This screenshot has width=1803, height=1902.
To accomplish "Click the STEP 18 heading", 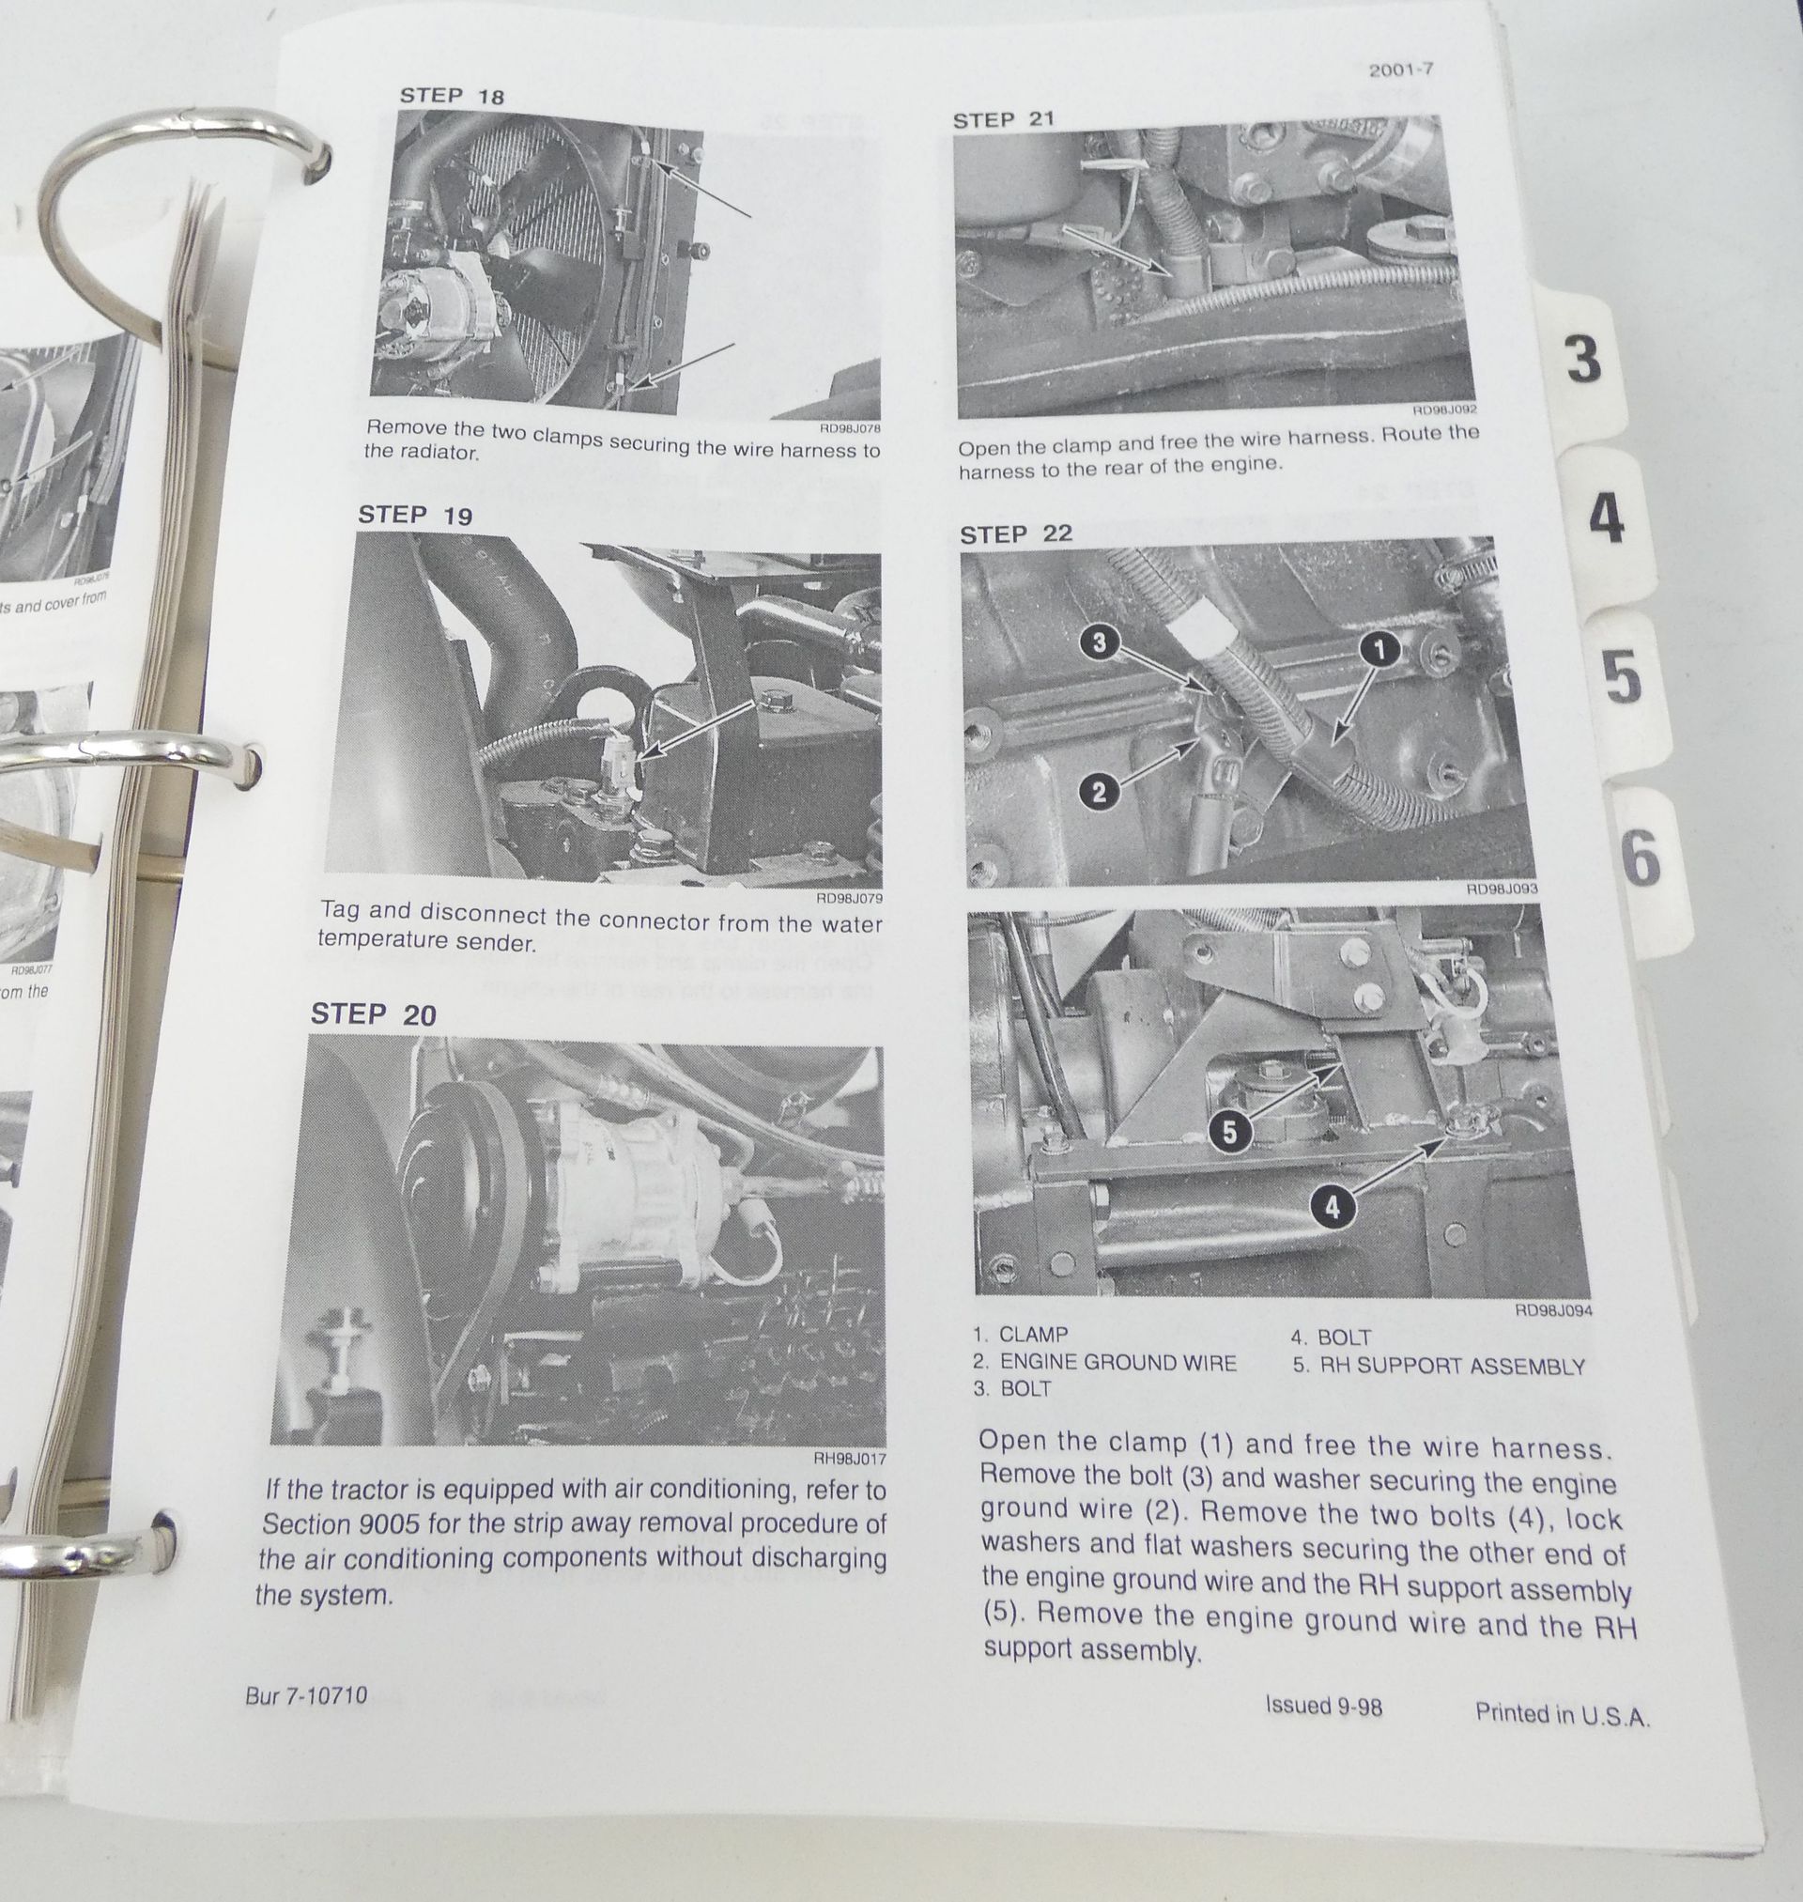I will [451, 96].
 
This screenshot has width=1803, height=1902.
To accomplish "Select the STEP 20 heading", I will [373, 1015].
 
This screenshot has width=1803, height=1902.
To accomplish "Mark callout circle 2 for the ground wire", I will [1101, 792].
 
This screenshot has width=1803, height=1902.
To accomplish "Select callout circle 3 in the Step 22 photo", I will [1101, 643].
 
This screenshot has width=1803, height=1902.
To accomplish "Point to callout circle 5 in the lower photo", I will [1229, 1134].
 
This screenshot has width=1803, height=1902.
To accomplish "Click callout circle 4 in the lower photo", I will [1333, 1207].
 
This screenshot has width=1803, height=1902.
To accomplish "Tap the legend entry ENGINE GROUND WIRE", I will [1117, 1362].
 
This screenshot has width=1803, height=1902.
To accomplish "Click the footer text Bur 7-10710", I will [305, 1695].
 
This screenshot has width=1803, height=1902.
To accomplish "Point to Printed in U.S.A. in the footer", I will [1562, 1713].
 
